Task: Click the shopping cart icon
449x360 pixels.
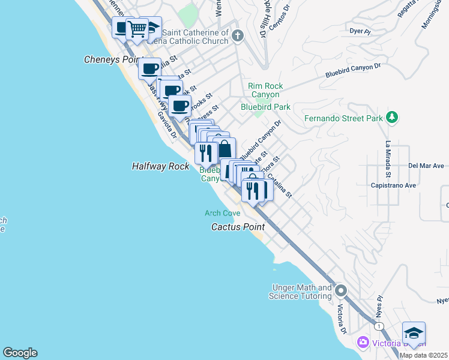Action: [x=137, y=28]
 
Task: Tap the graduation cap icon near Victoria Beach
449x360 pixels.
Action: [x=414, y=333]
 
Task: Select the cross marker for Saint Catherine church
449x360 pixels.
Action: [x=238, y=35]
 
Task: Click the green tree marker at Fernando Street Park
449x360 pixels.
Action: [x=392, y=116]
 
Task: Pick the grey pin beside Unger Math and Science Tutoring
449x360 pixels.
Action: [x=341, y=292]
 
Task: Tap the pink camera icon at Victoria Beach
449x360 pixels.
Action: [x=363, y=343]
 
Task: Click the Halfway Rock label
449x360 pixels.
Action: [x=160, y=166]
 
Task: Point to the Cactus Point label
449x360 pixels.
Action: [x=238, y=227]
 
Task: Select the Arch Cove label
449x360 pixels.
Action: [x=222, y=213]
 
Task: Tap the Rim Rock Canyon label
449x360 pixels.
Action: [x=264, y=91]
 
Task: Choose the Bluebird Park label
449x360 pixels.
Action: [x=265, y=107]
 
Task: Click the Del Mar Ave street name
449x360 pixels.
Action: [x=426, y=166]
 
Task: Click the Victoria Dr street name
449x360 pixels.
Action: [x=342, y=319]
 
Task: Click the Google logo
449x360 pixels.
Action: [x=20, y=353]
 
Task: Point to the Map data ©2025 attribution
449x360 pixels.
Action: [x=423, y=355]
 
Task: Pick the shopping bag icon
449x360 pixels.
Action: [x=224, y=149]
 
